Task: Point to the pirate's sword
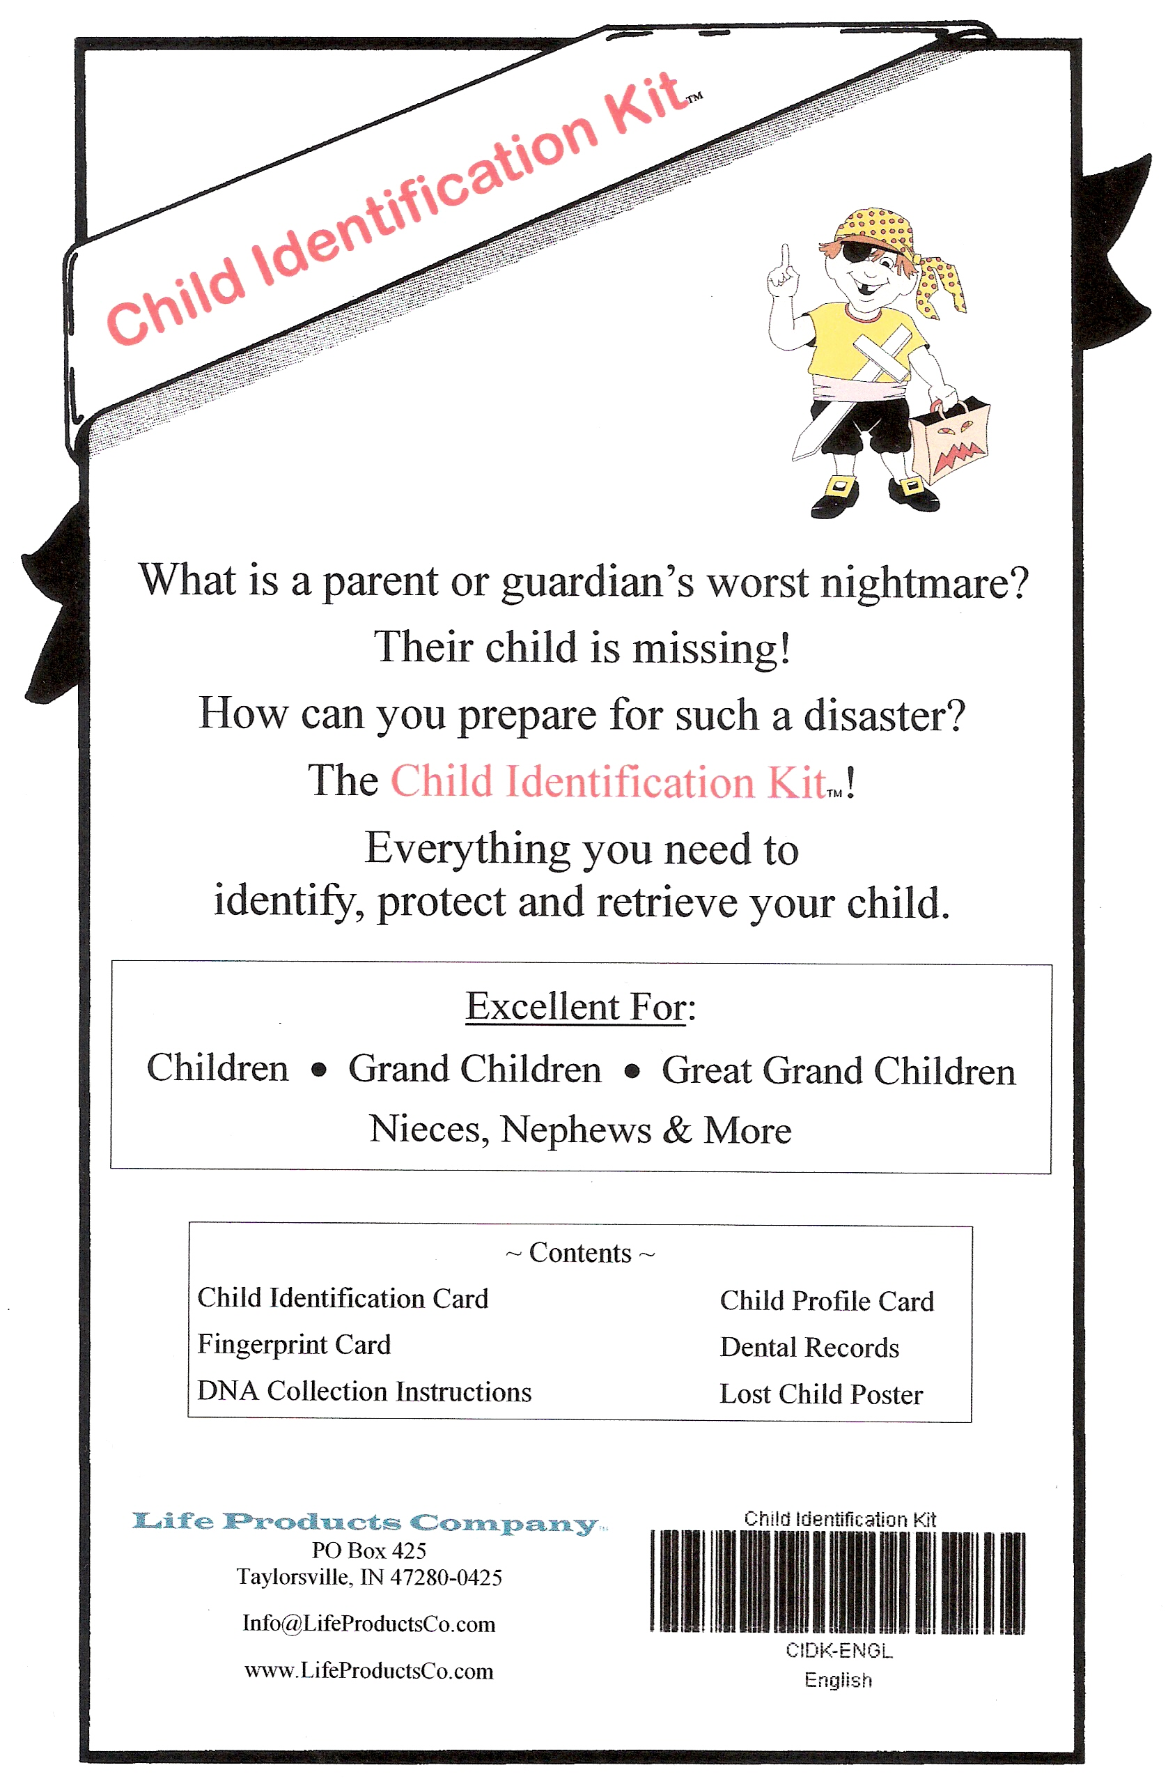point(819,429)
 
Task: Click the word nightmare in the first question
point(924,583)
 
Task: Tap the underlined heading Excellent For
point(580,1007)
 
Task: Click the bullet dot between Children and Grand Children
point(319,1070)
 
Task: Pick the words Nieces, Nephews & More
point(580,1130)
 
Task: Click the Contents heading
point(580,1253)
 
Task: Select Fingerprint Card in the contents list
point(294,1345)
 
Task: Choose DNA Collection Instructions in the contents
point(364,1391)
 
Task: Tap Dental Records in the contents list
point(809,1347)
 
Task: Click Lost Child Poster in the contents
point(820,1394)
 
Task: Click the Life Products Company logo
point(366,1523)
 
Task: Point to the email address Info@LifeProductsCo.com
point(368,1624)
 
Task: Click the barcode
point(837,1581)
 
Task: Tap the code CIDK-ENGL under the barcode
point(839,1650)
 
